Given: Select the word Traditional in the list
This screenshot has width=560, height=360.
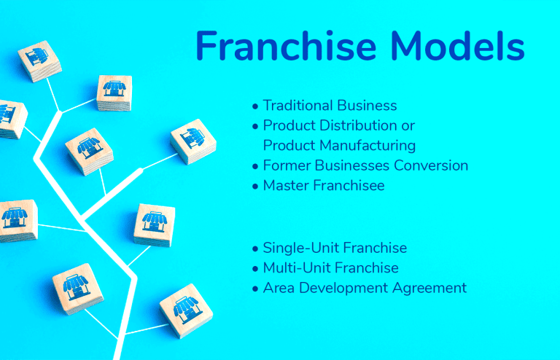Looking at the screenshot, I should [299, 106].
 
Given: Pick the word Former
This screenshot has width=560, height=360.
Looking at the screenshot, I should [287, 165].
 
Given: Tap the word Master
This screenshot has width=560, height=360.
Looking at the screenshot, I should [286, 186].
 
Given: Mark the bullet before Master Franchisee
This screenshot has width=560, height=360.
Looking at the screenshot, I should [255, 187].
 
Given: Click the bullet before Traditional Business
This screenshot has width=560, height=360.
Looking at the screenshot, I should [255, 106].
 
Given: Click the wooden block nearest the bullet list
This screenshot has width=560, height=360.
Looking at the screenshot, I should [193, 141].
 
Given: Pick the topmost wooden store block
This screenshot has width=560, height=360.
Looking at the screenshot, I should [40, 60].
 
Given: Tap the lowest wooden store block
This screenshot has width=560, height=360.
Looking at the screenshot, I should [187, 311].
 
